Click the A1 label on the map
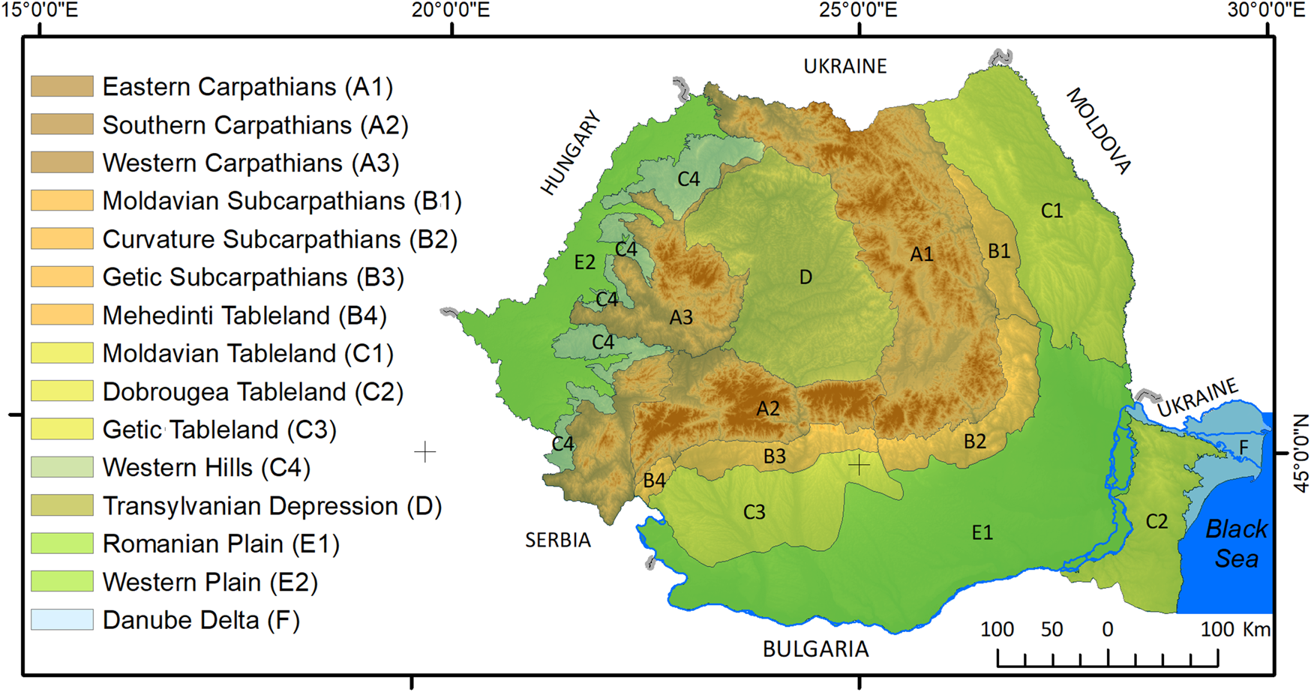point(921,254)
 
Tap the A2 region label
point(767,409)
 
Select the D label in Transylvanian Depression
point(805,277)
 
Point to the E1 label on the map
point(982,532)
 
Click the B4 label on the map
point(654,481)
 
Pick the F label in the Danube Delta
point(1243,448)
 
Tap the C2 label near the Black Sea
point(1156,521)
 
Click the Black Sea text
point(1236,544)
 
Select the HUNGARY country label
point(571,153)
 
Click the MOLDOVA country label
point(1098,130)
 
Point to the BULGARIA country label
point(815,649)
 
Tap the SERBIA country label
point(557,540)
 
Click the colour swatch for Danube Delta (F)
point(62,619)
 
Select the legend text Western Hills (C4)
point(206,468)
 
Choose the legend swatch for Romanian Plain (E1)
point(62,543)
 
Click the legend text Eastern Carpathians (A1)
point(247,87)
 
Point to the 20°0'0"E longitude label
point(451,10)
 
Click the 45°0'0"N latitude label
point(1301,453)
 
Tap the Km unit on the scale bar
point(1256,629)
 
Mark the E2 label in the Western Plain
point(584,262)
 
